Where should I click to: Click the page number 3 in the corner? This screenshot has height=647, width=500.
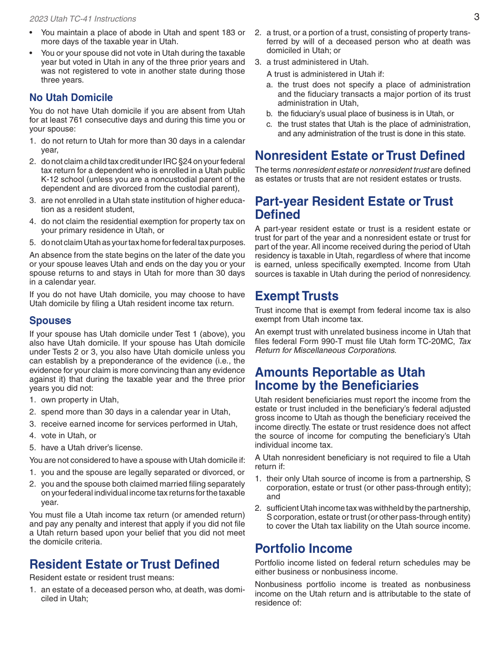click(476, 17)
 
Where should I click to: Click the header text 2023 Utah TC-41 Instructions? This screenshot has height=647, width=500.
click(83, 19)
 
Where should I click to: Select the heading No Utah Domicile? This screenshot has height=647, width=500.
click(71, 97)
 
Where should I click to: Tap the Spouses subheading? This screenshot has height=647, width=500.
click(50, 320)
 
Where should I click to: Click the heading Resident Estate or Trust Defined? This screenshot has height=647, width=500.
click(124, 564)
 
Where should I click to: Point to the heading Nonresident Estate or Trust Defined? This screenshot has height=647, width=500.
click(359, 155)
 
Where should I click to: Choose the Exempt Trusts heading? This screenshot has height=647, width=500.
click(296, 296)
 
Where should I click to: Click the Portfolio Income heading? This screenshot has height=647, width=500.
click(303, 548)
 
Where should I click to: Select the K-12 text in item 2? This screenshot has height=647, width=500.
click(51, 179)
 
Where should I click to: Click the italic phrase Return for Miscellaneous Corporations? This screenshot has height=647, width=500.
click(325, 350)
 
